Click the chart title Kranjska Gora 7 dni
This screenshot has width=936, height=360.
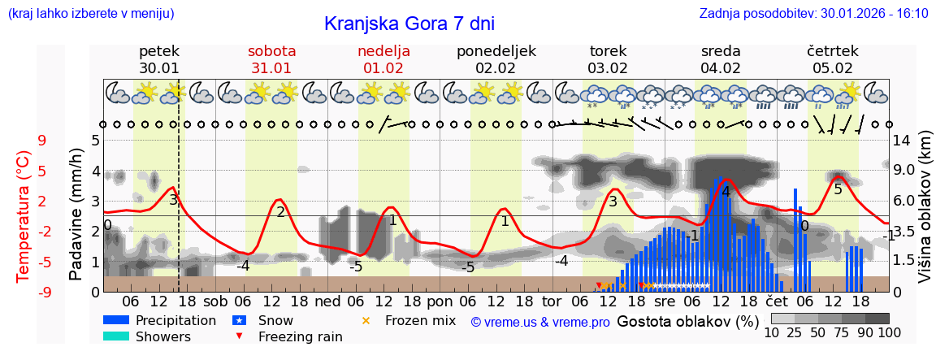(409, 24)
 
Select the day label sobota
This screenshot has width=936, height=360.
(271, 51)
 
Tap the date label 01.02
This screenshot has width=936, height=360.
(383, 68)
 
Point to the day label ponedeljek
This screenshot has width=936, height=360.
(496, 51)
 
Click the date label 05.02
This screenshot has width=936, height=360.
(833, 68)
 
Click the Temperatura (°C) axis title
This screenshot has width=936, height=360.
(24, 215)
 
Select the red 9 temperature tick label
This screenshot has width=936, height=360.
(41, 141)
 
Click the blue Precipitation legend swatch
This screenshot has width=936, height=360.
(116, 321)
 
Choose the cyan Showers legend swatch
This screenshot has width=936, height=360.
(116, 336)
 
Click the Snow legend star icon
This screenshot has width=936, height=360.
(239, 321)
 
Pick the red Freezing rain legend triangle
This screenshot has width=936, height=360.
(239, 336)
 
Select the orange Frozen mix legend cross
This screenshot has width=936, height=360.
(365, 321)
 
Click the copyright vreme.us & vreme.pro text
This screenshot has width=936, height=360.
(540, 322)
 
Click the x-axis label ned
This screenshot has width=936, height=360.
(327, 301)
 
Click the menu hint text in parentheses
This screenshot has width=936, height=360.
(90, 14)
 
